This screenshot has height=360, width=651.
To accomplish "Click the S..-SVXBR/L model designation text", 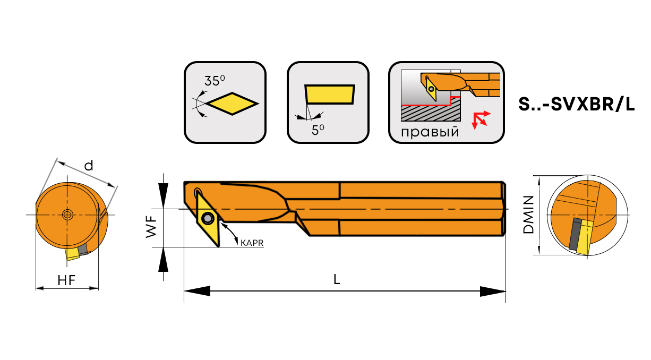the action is tap(577, 104).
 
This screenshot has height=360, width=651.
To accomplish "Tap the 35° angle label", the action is tap(215, 81).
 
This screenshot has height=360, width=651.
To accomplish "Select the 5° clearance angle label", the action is tap(318, 130).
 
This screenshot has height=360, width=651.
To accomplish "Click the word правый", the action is tap(430, 132).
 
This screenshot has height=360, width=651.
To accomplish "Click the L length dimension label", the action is tap(337, 279).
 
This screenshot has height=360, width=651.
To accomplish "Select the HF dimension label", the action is tap(66, 280).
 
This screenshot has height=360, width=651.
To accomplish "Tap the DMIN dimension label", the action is tap(528, 215).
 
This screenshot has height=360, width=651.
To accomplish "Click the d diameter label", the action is tap(89, 166).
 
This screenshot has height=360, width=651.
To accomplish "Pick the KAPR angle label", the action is tap(252, 243).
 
